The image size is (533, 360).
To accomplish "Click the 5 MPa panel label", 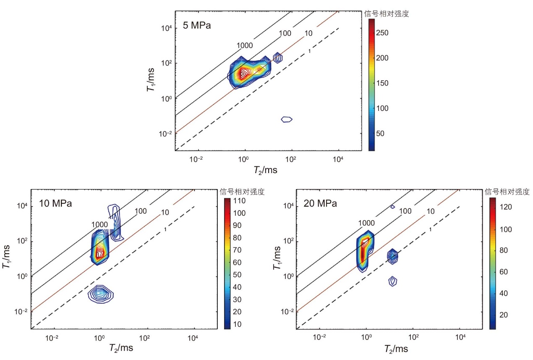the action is pos(197,25).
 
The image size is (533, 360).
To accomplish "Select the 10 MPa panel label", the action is pos(55,203).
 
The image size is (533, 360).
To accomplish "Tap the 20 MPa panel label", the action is pos(320,203).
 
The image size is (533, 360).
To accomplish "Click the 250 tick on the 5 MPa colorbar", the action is pos(382,33).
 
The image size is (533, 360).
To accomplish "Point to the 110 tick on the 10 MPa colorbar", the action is pos(239,201).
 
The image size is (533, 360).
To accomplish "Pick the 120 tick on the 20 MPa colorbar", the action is pos(505,207).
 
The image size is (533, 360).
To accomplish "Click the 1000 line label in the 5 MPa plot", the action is pos(245,45).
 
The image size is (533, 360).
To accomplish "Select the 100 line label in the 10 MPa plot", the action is pos(141,211).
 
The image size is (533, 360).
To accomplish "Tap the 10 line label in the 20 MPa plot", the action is pos(431,211).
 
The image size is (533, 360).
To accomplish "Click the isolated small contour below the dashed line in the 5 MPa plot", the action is pos(287,119).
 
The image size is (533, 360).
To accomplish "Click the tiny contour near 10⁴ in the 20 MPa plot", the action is pos(392,207).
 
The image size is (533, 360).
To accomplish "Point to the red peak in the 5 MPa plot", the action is pos(243,74).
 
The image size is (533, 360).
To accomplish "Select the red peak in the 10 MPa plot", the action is pos(99,254).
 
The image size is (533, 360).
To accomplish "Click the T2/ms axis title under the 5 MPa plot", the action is pos(265,170).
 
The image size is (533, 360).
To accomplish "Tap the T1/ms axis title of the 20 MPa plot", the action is pos(277,258).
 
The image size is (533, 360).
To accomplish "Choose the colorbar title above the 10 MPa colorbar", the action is pos(242,192).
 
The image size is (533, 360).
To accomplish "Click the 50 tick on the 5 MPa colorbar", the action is pos(380,133).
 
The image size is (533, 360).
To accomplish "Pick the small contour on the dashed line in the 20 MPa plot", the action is pos(392,256).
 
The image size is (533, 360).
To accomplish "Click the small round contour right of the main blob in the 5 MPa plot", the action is pos(278,58).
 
